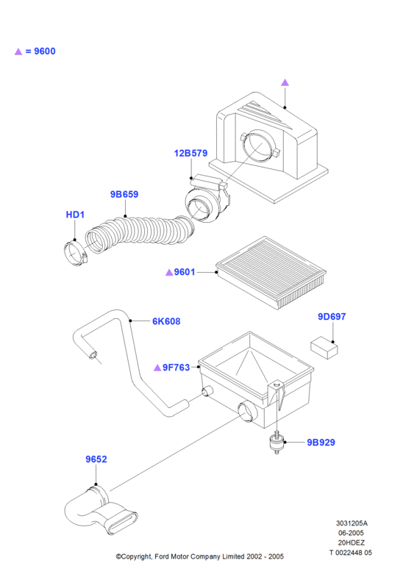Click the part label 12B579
[x=190, y=153]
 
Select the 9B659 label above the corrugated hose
[x=124, y=194]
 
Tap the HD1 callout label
[x=75, y=215]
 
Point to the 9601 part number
[x=185, y=272]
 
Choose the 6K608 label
[x=166, y=321]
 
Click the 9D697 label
[x=332, y=317]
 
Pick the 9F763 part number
[x=176, y=367]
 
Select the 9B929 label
[x=321, y=442]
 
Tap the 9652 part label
[x=96, y=459]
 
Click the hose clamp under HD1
[x=76, y=254]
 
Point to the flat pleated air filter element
[x=271, y=272]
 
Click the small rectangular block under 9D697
[x=324, y=348]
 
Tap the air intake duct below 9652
[x=101, y=511]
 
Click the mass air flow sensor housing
[x=207, y=198]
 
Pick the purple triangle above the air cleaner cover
[x=285, y=82]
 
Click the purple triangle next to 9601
[x=169, y=272]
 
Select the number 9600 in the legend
[x=45, y=51]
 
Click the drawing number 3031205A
[x=352, y=523]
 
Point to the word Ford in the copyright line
[x=162, y=556]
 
